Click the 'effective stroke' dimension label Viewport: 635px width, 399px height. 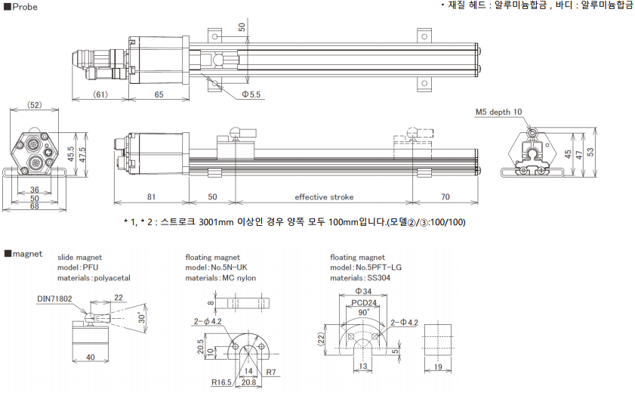(x=324, y=197)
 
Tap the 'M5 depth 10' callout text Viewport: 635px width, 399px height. (x=498, y=112)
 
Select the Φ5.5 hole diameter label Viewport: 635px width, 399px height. (x=251, y=94)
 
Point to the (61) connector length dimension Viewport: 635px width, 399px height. (x=101, y=94)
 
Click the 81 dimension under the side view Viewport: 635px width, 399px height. (x=151, y=197)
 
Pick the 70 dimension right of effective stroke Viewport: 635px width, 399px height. (x=445, y=197)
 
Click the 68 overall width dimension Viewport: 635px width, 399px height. (x=35, y=206)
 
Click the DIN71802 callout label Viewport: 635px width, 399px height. (x=55, y=298)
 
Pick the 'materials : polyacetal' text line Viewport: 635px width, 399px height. (x=94, y=277)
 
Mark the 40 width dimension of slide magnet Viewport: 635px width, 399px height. (x=90, y=357)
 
